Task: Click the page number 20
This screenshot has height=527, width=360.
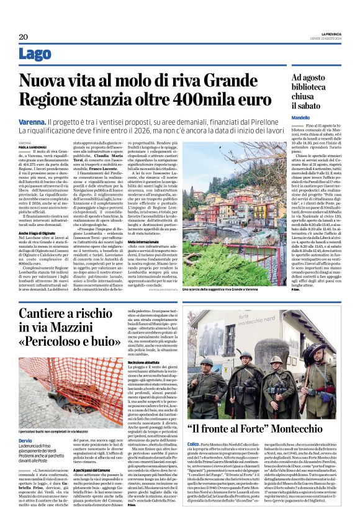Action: coord(23,37)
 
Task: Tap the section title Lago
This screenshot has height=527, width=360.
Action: coord(35,54)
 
